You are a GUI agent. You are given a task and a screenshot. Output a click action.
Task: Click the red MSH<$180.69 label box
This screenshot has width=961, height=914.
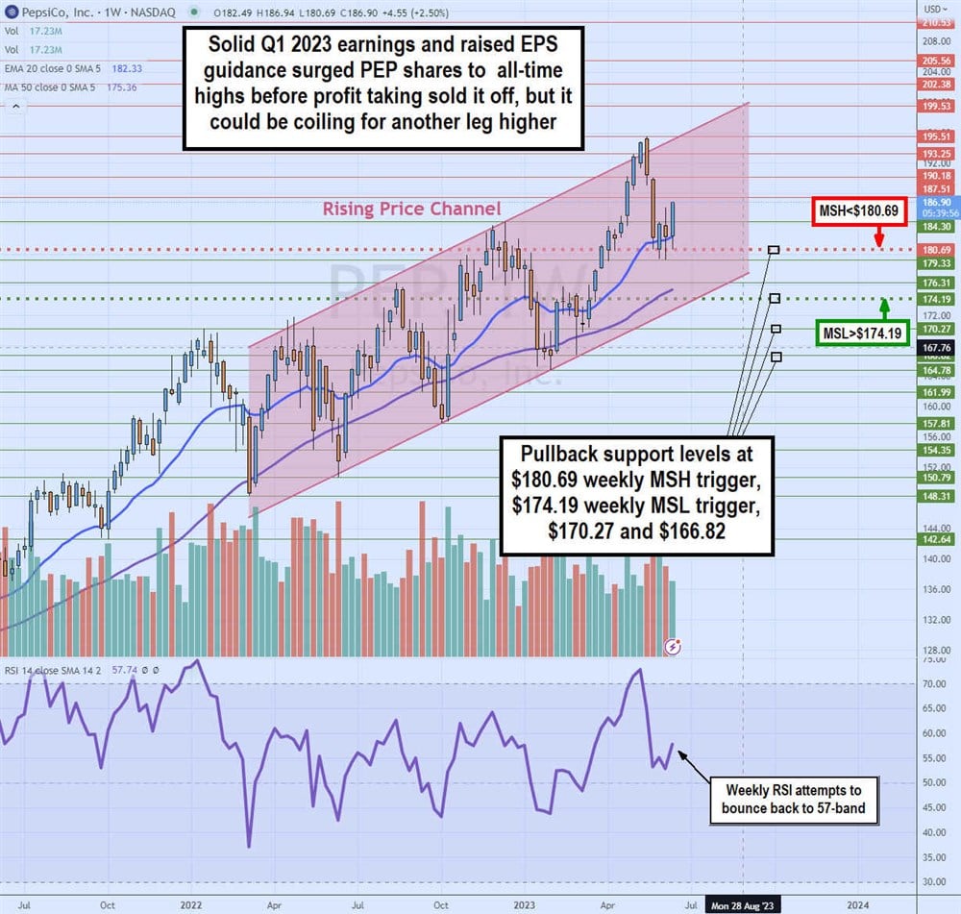pyautogui.click(x=858, y=210)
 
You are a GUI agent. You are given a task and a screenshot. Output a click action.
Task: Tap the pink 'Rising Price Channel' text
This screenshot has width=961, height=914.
pyautogui.click(x=411, y=209)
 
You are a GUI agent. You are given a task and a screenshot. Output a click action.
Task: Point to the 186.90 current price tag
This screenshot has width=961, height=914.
pyautogui.click(x=936, y=204)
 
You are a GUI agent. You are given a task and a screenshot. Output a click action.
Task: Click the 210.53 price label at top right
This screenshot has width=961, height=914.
pyautogui.click(x=936, y=22)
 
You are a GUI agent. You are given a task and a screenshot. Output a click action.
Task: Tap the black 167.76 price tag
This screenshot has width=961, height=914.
pyautogui.click(x=936, y=347)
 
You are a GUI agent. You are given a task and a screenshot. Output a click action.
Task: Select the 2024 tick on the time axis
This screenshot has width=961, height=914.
pyautogui.click(x=858, y=904)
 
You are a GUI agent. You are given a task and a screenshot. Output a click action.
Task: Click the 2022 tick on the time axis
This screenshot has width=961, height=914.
pyautogui.click(x=190, y=904)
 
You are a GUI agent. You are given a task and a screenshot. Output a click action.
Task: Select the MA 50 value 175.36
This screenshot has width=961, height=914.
pyautogui.click(x=120, y=86)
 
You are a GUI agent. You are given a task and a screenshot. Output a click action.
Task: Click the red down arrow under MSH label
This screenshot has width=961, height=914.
pyautogui.click(x=878, y=237)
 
